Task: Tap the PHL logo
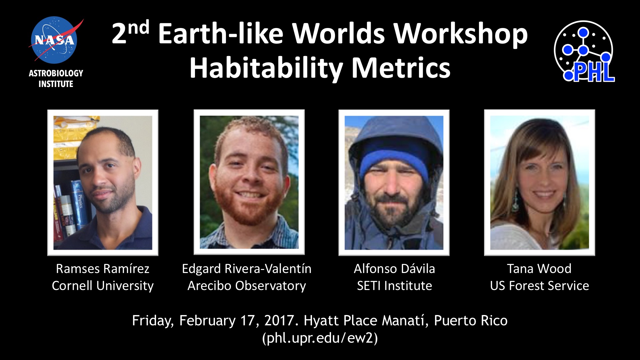pos(584,51)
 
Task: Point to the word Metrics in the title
pos(401,68)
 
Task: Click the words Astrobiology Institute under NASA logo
pos(56,78)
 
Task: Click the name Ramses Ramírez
pos(103,269)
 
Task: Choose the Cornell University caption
pos(103,286)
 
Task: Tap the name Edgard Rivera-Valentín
pos(247,269)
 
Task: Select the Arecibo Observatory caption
pos(247,286)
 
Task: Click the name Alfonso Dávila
pos(394,269)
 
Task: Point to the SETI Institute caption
pos(394,286)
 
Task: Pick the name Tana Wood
pos(539,269)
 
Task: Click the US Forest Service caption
pos(539,286)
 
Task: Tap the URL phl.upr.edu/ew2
pos(320,338)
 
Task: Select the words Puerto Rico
pos(471,321)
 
